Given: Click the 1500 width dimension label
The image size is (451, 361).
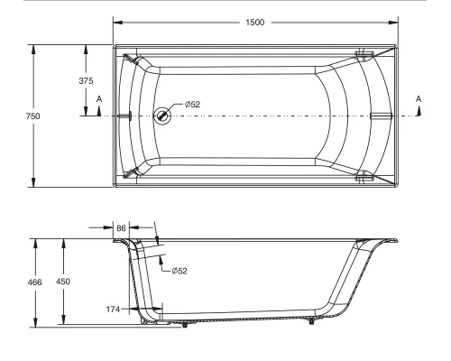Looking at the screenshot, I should (x=255, y=23).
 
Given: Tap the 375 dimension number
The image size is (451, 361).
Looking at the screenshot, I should (x=86, y=80).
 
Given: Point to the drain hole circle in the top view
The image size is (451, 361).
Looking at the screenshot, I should (x=162, y=115).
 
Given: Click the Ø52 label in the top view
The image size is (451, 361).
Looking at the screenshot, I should (x=191, y=105).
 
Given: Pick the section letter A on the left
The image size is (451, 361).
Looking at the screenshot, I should (x=98, y=97).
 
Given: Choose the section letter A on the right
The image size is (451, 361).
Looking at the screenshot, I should (x=419, y=97).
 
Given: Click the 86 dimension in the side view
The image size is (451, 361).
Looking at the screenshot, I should (x=121, y=227).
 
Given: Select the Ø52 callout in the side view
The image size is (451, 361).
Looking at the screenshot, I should (x=179, y=270).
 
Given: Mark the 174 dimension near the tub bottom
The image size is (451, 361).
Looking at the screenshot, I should (x=112, y=309).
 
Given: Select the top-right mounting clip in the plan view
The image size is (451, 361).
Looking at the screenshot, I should (x=364, y=55).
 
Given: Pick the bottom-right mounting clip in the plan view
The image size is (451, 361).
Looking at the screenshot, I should (x=364, y=176).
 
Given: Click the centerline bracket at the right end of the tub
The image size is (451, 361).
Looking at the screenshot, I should (x=380, y=116).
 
